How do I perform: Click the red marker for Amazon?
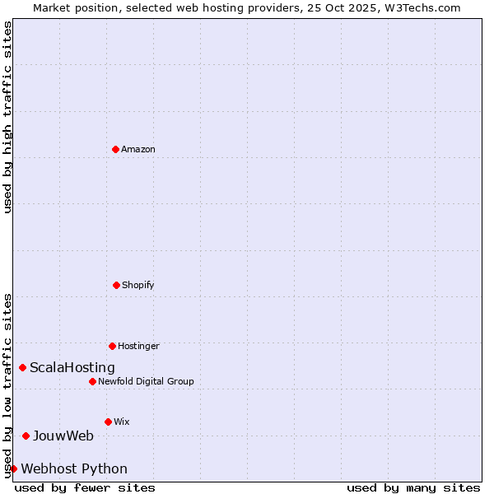[116, 149]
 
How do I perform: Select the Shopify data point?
[117, 285]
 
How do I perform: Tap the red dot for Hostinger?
[113, 346]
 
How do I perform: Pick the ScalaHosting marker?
[23, 367]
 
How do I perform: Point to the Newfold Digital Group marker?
[93, 381]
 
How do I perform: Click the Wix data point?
[109, 422]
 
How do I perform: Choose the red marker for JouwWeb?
[26, 436]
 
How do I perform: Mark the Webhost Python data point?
[13, 468]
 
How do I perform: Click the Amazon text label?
[138, 149]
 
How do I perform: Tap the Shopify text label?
[138, 285]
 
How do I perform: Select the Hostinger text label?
[138, 346]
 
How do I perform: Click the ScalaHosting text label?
[72, 367]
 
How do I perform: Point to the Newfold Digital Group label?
[146, 381]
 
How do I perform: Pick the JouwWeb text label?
[63, 436]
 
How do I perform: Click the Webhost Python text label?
[74, 468]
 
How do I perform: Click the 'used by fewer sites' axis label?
[85, 487]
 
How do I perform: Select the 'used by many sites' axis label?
[413, 487]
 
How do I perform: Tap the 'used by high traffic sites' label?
[7, 117]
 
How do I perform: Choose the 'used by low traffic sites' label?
[7, 384]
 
